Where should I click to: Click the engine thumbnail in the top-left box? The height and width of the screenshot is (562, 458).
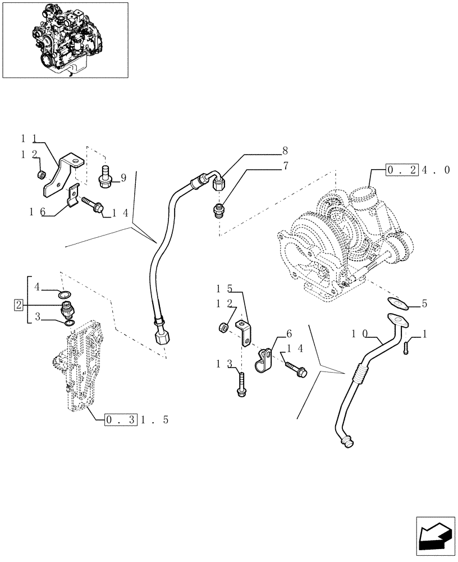(65, 39)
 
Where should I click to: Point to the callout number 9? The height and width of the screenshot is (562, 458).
(123, 178)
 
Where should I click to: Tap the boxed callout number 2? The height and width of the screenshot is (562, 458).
(19, 305)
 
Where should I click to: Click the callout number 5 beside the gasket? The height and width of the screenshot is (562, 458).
(424, 304)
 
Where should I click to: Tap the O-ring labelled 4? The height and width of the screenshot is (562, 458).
(66, 294)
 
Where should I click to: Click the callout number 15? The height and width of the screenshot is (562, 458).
(225, 289)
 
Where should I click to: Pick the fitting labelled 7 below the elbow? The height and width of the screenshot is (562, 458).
(221, 212)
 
